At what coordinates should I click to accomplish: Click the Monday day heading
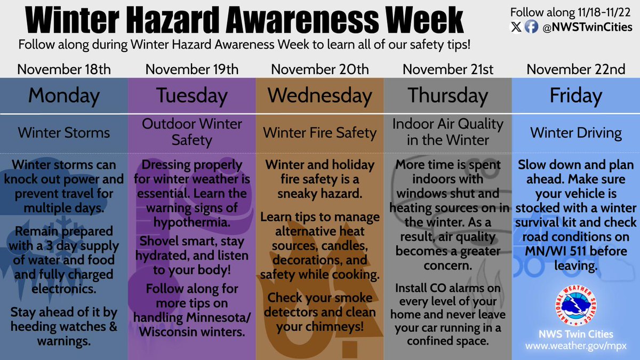(x=63, y=96)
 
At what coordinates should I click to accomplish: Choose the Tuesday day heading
(x=191, y=96)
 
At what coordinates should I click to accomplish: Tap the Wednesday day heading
(x=319, y=96)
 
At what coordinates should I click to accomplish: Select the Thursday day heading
(x=448, y=96)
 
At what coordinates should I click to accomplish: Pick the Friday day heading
(x=575, y=96)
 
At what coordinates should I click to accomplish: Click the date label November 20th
(x=319, y=69)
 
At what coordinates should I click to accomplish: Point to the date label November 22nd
(x=575, y=69)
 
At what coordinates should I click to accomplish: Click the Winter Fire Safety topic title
(x=319, y=132)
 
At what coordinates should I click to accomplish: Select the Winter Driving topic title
(x=575, y=132)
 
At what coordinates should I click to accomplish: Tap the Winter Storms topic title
(x=63, y=132)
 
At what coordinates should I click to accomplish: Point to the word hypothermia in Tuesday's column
(x=191, y=221)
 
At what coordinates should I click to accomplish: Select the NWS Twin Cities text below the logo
(x=575, y=334)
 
